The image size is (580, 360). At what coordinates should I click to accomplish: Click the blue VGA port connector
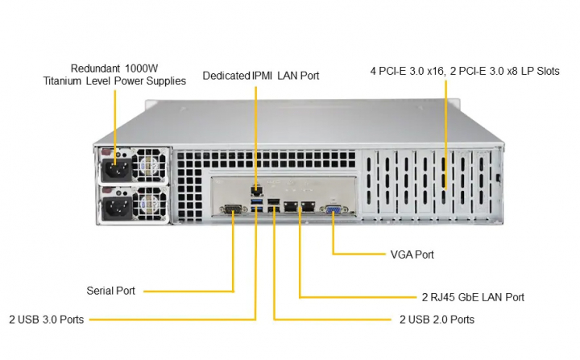click(x=333, y=209)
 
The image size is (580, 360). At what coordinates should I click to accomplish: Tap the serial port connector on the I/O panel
click(x=234, y=210)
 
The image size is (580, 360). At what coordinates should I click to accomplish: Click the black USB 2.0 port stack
click(x=274, y=205)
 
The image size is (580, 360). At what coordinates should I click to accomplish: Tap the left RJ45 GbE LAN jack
click(x=291, y=208)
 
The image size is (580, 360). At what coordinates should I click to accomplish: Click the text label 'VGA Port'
click(x=412, y=254)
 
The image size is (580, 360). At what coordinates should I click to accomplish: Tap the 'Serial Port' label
click(x=110, y=291)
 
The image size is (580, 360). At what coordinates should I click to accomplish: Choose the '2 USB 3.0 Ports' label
click(x=46, y=320)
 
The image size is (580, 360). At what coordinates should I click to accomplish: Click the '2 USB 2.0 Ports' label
click(x=437, y=320)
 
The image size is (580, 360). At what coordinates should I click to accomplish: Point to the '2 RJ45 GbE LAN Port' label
click(x=473, y=297)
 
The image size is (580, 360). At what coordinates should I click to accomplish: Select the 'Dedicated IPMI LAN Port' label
click(x=261, y=76)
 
